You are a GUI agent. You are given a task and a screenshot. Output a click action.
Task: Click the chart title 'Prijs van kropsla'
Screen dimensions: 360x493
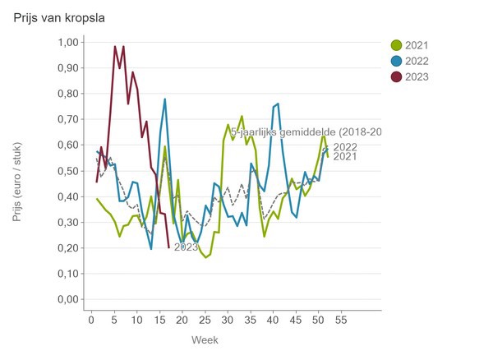pyautogui.click(x=53, y=17)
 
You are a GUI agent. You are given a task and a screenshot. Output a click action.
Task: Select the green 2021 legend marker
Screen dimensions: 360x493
pyautogui.click(x=397, y=45)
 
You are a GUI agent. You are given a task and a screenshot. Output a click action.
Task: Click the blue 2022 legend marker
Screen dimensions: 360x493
pyautogui.click(x=397, y=61)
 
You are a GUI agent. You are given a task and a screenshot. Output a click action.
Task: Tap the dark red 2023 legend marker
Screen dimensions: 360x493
pyautogui.click(x=397, y=76)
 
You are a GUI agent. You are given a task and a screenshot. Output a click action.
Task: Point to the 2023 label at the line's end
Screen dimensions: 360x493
pyautogui.click(x=186, y=247)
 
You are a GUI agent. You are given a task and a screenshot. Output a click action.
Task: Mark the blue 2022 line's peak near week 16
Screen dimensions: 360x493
pyautogui.click(x=165, y=99)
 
